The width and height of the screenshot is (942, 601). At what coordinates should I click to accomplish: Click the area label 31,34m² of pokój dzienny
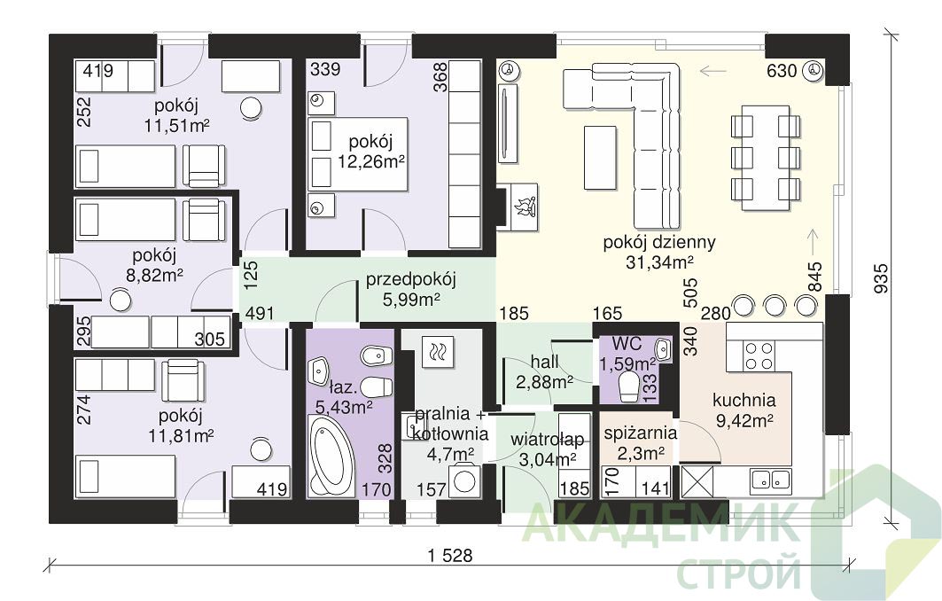coord(659,262)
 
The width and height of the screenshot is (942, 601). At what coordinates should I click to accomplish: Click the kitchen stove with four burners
coord(759,355)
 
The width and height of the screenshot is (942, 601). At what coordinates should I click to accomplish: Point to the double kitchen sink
coord(771,480)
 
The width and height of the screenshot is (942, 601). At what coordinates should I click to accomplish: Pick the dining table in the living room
coord(766,158)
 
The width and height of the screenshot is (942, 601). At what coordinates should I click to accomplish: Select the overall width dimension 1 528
coord(450,555)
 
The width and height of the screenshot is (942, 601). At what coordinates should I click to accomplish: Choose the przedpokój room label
coord(411,279)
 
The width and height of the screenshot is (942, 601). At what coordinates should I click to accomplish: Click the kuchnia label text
coord(743,400)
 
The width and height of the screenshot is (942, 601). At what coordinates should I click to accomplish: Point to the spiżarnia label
coord(641,433)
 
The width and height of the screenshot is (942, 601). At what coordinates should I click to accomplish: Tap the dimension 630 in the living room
coord(782,71)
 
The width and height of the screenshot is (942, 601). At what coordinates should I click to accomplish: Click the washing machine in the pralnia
coord(464,480)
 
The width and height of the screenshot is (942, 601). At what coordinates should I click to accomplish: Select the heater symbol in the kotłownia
coord(438,351)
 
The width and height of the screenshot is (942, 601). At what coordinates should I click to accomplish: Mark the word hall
coord(544,361)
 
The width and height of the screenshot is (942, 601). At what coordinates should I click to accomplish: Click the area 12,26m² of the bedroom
coord(370,161)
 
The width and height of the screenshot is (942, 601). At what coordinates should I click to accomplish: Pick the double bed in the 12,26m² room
coord(358,153)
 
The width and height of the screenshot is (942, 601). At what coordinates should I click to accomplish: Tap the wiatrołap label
coord(548,440)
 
